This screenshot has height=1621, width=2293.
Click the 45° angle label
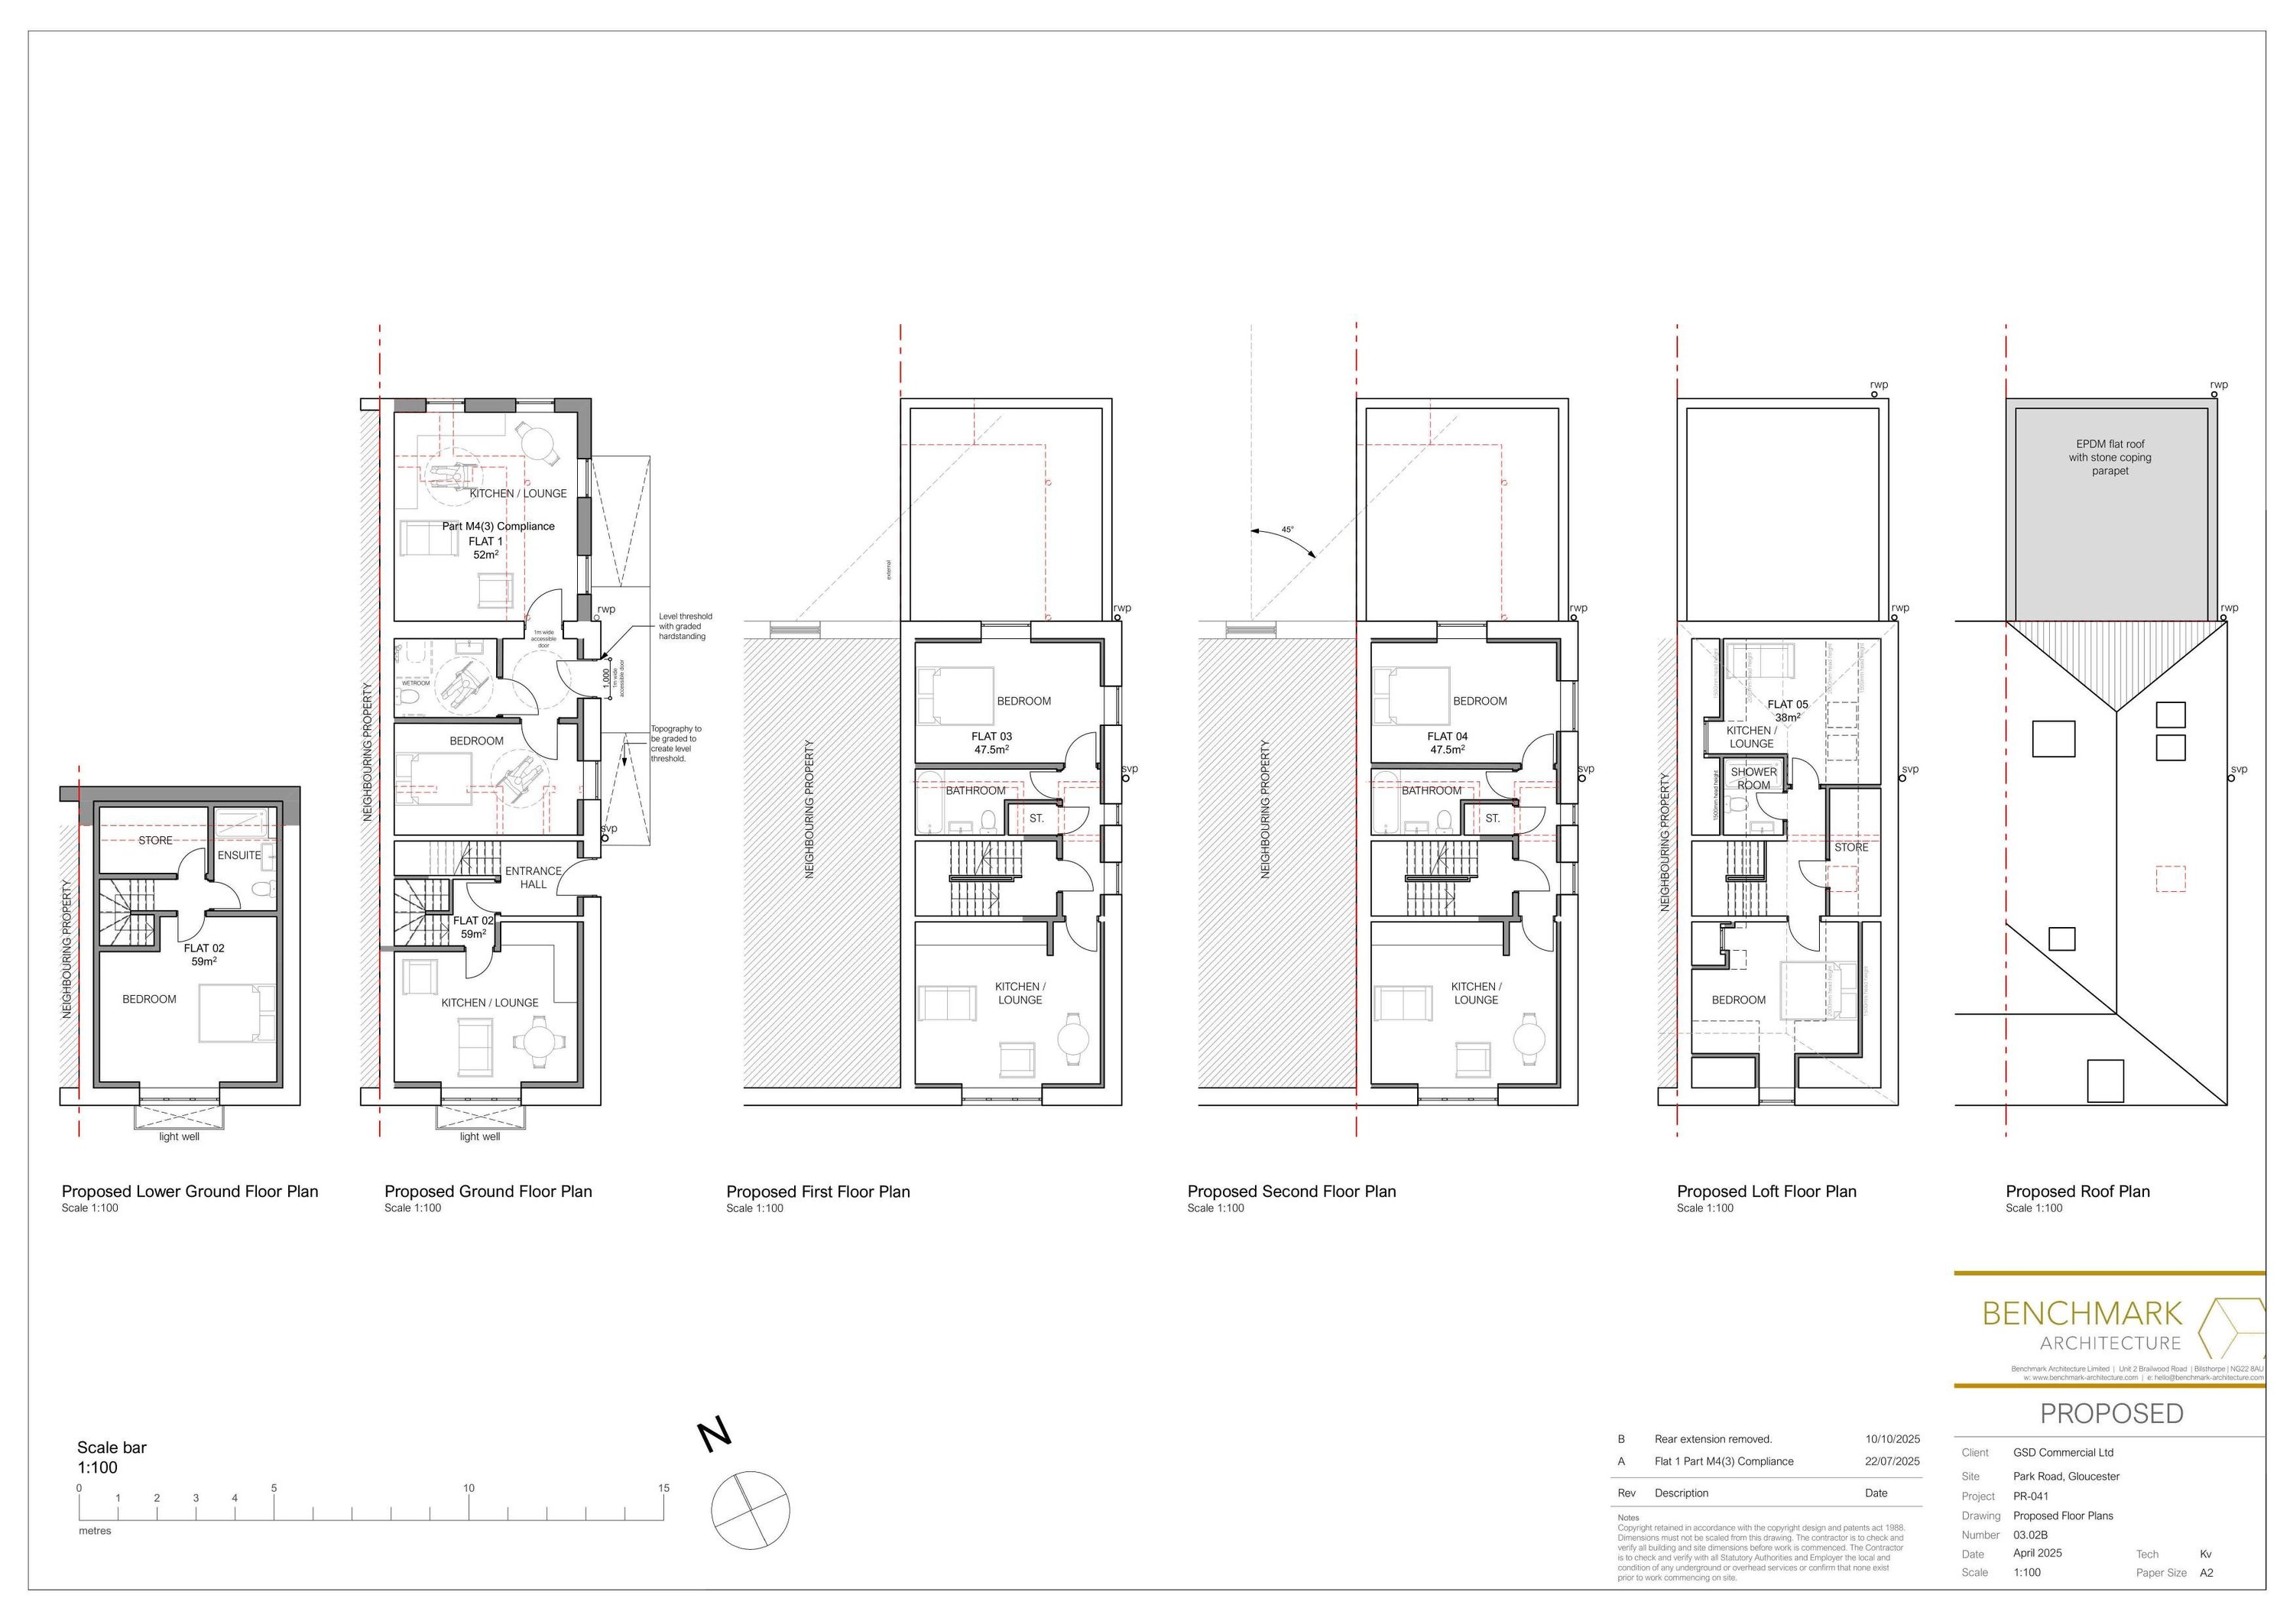point(1287,530)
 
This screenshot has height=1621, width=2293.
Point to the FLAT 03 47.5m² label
point(991,742)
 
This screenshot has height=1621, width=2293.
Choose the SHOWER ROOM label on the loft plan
point(1753,778)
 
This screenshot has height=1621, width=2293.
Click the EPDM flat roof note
point(2110,458)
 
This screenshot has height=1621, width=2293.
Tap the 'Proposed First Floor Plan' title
point(818,1191)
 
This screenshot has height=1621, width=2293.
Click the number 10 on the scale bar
point(469,1487)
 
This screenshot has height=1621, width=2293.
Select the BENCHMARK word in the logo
point(2081,1312)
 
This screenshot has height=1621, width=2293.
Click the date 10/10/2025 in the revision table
point(1892,1439)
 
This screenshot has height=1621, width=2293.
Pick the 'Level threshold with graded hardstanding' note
point(685,626)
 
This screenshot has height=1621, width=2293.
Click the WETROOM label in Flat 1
point(416,683)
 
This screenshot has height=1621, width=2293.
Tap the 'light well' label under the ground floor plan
point(479,1136)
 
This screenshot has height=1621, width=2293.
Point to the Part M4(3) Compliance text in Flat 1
point(498,527)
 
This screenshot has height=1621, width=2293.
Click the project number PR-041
point(2030,1496)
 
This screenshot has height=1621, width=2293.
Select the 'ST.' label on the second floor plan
point(1492,818)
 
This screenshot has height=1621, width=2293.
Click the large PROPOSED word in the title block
point(2111,1413)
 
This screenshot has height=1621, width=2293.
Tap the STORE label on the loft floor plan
point(1850,847)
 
